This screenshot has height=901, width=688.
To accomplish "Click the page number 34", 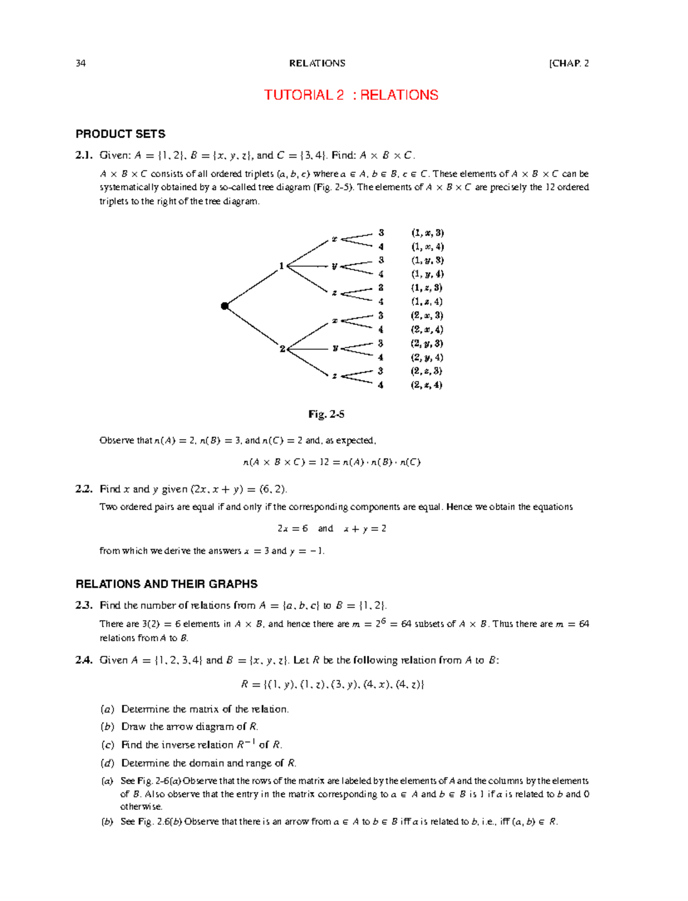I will tap(81, 63).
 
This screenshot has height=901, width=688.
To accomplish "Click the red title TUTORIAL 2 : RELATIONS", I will tap(351, 95).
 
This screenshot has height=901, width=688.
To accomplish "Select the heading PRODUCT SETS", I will tap(120, 134).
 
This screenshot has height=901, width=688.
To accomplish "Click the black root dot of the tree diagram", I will tap(225, 306).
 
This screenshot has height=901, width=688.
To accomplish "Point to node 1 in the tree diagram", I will tap(282, 265).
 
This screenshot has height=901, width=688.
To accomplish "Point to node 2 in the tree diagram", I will tap(282, 348).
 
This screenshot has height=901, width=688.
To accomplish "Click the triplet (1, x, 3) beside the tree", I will tap(427, 233).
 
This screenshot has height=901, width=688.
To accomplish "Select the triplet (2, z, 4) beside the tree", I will tap(426, 385).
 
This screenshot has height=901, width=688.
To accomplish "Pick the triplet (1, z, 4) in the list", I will tap(426, 301).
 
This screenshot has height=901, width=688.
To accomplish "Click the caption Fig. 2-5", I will tap(326, 414).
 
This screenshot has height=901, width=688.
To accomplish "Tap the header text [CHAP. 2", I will tap(569, 63).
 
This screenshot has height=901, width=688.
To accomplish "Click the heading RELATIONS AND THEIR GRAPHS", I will tap(166, 584).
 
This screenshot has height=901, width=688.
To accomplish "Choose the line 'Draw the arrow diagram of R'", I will tap(189, 727).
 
